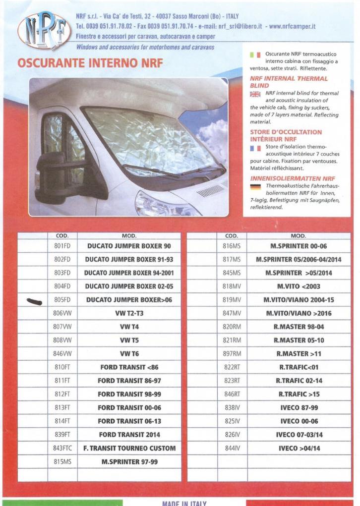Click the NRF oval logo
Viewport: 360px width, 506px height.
(44, 30)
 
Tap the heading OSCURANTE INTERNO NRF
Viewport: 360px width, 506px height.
(90, 64)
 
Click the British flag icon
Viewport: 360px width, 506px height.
(255, 94)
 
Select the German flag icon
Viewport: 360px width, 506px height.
(255, 186)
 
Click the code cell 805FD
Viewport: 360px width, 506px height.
(62, 300)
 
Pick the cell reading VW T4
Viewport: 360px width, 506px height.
(129, 327)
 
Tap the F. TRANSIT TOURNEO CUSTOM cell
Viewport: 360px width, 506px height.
(129, 448)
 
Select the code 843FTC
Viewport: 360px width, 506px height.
(62, 448)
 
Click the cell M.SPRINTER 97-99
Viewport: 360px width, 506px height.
(129, 461)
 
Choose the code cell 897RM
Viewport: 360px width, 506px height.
(232, 354)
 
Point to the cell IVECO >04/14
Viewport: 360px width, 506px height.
(299, 448)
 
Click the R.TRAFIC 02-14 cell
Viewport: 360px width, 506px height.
(299, 381)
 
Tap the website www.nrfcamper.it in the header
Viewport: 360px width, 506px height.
(293, 26)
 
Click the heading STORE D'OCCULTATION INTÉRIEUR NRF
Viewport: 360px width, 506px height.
(286, 136)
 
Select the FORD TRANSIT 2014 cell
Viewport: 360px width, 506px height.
(129, 435)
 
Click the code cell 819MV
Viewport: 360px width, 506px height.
(232, 300)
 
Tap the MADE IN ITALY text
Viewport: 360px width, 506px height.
(183, 503)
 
